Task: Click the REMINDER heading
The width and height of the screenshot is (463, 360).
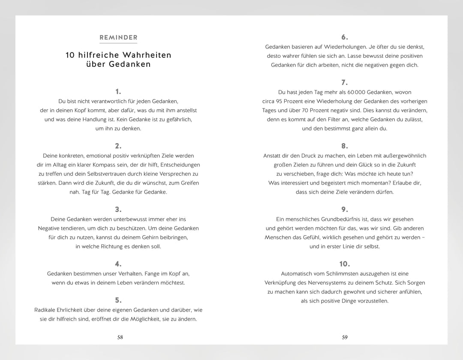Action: point(118,38)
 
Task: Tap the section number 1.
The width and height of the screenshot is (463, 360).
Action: point(118,91)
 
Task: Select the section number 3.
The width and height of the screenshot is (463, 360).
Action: point(118,210)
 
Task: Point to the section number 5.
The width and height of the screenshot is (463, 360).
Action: point(118,300)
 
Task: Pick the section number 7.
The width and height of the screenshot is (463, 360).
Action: point(345,82)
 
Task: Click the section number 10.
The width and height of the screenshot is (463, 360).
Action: point(345,264)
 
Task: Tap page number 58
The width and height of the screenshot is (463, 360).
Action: point(120,337)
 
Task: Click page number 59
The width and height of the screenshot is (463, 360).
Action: point(345,337)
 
